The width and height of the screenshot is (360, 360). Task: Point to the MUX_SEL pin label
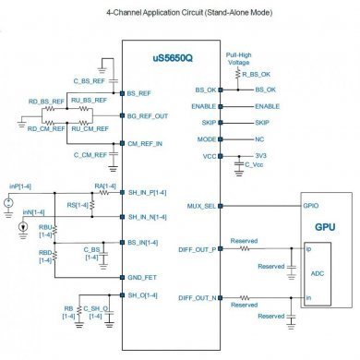point(202,206)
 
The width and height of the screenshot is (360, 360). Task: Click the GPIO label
point(311,206)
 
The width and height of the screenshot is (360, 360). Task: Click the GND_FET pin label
point(140,278)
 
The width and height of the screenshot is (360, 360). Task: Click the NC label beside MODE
point(259,138)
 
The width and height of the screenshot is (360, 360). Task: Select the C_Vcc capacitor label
point(254,168)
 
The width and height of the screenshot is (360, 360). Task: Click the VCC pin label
point(210,155)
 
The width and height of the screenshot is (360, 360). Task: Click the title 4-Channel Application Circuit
point(180,14)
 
